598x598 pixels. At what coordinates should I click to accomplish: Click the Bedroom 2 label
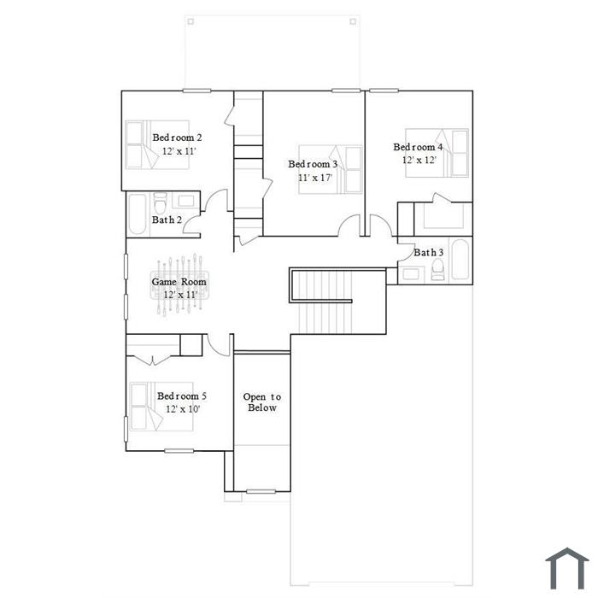pos(177,138)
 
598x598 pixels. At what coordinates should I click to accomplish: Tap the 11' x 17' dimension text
pos(315,178)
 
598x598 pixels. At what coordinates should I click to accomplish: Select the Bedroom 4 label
pos(418,147)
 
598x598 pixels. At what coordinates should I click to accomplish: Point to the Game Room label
pos(179,282)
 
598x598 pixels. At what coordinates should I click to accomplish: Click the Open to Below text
pos(262,402)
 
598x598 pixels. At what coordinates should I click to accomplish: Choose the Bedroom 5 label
pos(182,396)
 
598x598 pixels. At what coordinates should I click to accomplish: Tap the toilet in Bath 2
pos(161,203)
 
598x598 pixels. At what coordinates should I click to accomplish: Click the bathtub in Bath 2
pos(138,214)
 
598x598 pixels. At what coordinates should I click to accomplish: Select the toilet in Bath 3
pos(437,269)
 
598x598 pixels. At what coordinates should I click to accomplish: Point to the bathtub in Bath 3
pos(460,260)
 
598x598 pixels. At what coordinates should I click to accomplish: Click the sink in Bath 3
pos(411,273)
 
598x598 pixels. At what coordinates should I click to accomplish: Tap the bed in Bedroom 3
pos(331,169)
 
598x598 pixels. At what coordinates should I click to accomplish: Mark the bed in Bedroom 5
pos(161,407)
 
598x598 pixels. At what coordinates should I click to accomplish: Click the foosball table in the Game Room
pos(179,285)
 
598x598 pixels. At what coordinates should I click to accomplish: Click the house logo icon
pos(567,568)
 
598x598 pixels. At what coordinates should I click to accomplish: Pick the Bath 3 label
pos(429,253)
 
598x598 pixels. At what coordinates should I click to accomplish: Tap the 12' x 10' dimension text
pos(183,409)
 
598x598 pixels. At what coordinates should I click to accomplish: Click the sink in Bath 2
pos(185,201)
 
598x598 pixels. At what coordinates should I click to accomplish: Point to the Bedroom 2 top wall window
pos(196,91)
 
